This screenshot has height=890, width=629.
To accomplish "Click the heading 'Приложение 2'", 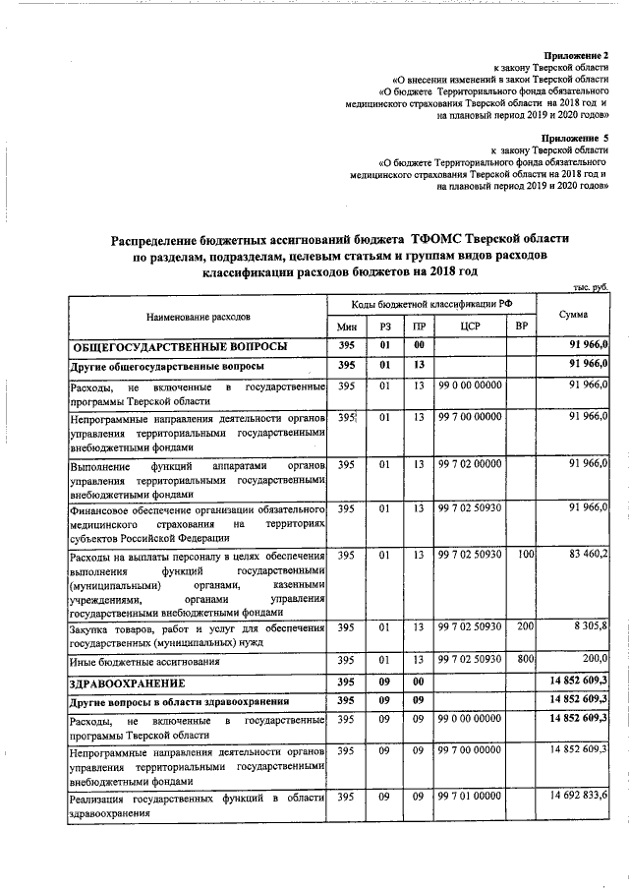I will (578, 55).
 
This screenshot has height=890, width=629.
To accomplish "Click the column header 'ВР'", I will (520, 327).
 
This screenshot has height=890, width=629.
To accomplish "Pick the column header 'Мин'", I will (345, 327).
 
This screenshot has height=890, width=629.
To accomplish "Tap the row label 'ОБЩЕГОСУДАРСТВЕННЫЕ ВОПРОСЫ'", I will (179, 347).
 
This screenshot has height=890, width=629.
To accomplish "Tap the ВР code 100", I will (525, 557).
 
